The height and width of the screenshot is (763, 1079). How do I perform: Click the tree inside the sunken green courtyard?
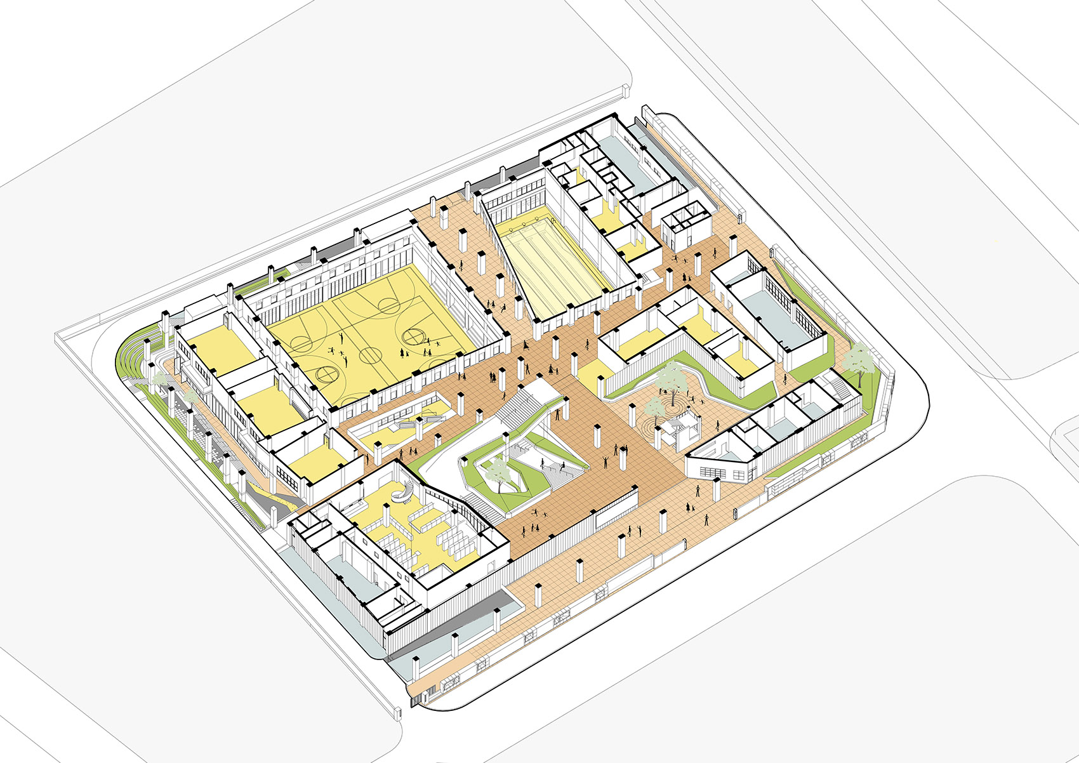pos(498,472)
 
